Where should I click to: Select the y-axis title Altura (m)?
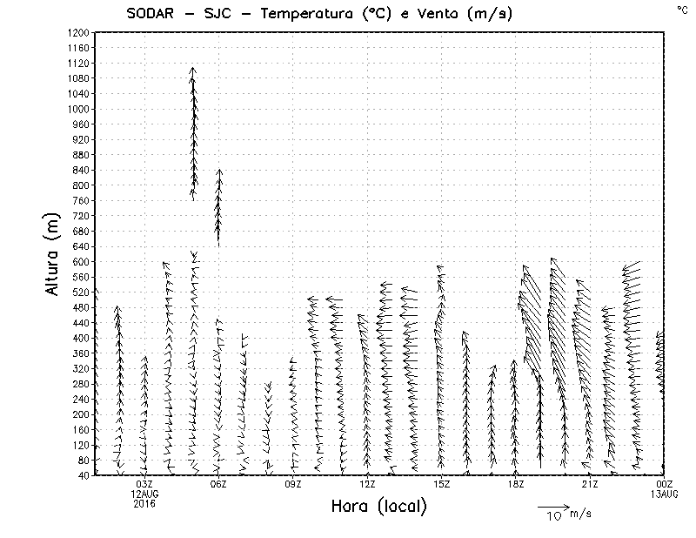pos(54,253)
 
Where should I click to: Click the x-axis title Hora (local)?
pos(378,506)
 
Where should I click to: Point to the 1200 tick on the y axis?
pos(78,32)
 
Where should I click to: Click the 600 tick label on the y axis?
pos(81,261)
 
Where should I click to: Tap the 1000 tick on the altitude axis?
pos(78,109)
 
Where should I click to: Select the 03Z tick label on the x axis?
pos(144,484)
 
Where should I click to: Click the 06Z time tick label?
pos(218,484)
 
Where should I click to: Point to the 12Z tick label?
pos(367,484)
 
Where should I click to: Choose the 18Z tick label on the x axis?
pos(516,484)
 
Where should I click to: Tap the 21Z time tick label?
pos(590,484)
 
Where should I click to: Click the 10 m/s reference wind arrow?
pos(553,506)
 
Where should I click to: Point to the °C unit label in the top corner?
pos(682,9)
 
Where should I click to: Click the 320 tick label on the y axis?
pos(81,368)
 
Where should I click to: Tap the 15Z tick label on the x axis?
pos(441,484)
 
